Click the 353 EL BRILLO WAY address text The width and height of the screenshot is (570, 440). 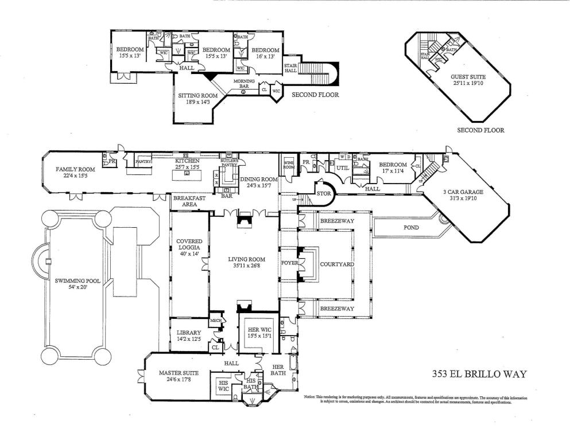[479, 374]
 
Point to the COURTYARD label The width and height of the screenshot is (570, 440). [333, 264]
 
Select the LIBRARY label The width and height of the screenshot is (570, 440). [189, 333]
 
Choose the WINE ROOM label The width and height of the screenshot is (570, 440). [289, 165]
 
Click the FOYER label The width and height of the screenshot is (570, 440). [287, 264]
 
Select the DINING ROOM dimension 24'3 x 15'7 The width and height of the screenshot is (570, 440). [259, 185]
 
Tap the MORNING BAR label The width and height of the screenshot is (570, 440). [243, 84]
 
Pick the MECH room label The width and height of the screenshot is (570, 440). [216, 320]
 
